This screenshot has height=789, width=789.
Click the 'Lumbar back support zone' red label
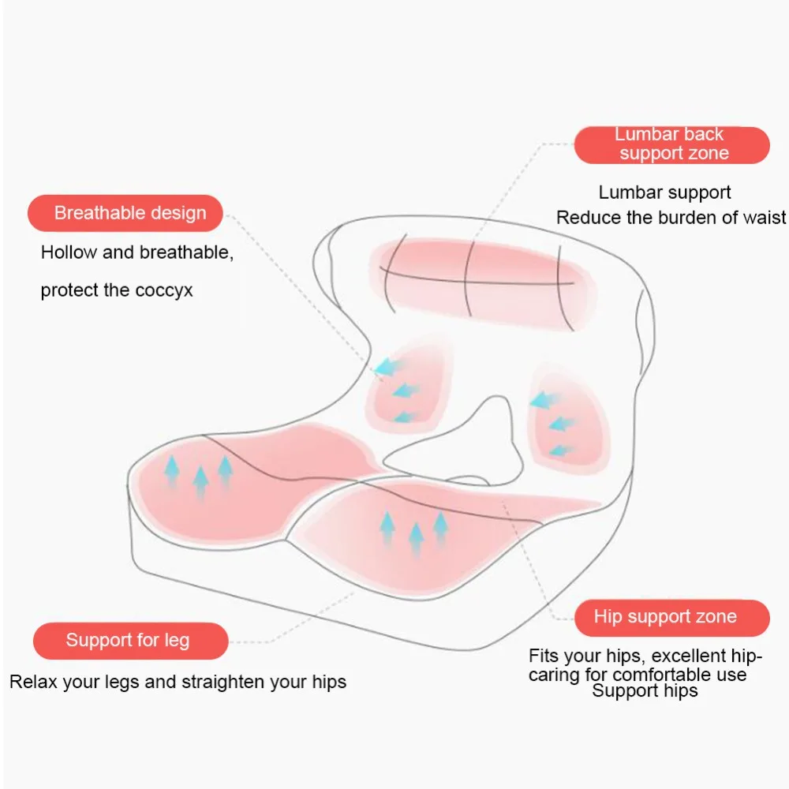point(671,145)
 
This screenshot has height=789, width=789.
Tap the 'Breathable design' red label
point(126,213)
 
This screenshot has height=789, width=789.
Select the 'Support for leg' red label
point(129,640)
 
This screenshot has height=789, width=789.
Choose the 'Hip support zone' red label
point(671,617)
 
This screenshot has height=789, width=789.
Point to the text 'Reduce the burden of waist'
point(671,218)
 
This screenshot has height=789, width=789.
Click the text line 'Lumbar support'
point(664,193)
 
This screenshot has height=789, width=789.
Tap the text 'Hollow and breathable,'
point(137,253)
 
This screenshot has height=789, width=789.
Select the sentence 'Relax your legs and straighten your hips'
point(178,682)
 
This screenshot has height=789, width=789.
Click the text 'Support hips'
point(645,691)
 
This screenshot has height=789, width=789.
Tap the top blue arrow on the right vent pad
point(544,401)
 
